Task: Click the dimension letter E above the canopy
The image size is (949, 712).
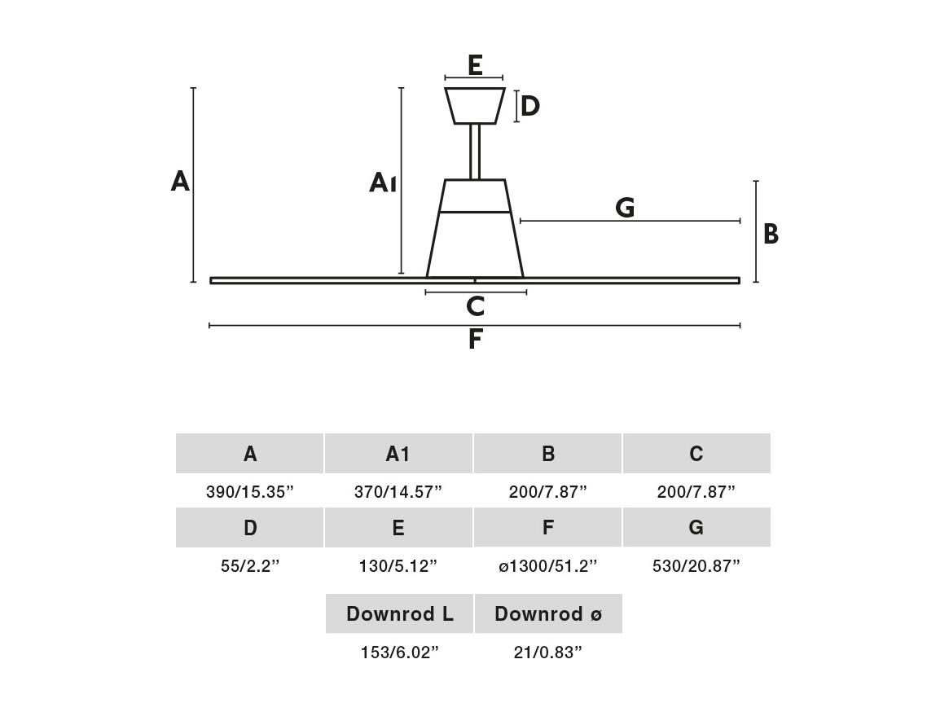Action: point(475,65)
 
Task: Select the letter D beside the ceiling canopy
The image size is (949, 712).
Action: point(529,106)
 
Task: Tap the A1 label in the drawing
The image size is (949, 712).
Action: point(383,182)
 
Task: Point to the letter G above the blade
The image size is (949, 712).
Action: point(625,208)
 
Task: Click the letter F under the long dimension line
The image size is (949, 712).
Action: point(475,339)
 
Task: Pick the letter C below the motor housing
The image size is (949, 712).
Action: point(475,306)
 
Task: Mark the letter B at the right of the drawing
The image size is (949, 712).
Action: point(771,234)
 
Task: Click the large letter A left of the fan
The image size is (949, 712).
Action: point(180,181)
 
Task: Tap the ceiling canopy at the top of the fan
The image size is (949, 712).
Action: point(475,106)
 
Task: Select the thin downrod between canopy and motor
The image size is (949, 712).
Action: point(475,152)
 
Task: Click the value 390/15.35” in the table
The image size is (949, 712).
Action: point(249,491)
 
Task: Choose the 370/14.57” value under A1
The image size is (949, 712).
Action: point(398,491)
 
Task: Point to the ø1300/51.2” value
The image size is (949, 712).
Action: point(547,566)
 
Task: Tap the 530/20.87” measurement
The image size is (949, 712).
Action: point(696,566)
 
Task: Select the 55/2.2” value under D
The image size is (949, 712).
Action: point(250,566)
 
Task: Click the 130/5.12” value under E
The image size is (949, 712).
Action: point(398,566)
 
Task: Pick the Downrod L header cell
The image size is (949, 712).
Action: point(399,614)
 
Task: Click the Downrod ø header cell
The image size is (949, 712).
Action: point(548,614)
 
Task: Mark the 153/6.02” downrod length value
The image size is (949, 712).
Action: point(399,653)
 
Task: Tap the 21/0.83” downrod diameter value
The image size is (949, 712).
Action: point(547,653)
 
